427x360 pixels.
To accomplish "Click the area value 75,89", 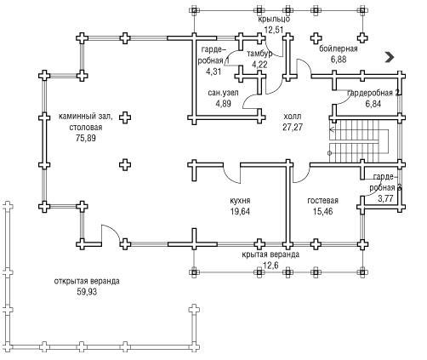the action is click(x=86, y=138).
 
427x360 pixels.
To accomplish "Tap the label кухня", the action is click(x=240, y=201).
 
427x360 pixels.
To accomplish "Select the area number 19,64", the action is click(x=240, y=212).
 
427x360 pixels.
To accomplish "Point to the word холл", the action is click(x=293, y=117).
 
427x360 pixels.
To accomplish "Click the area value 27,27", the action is click(x=293, y=128).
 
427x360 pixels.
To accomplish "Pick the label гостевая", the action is click(x=323, y=201).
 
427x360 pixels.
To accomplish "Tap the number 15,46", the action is click(x=323, y=212).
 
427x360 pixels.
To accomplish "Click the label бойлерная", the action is click(x=339, y=49).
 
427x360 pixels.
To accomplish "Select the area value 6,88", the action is click(x=339, y=60).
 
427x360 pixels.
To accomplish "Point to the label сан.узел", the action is click(x=224, y=93).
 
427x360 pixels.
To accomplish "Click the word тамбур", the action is click(x=259, y=54).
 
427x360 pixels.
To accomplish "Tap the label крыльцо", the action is click(x=274, y=20).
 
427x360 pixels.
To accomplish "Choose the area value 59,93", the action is click(x=87, y=292).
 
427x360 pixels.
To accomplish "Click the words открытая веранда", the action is click(x=87, y=282).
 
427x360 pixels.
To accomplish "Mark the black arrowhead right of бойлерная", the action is click(x=390, y=57).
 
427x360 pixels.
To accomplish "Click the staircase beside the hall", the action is click(x=358, y=141).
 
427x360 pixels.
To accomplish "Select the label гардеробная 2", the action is click(x=373, y=93).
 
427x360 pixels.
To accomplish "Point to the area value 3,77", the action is click(x=385, y=198).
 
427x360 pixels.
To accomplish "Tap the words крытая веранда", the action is click(x=270, y=254).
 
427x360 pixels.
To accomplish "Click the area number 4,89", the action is click(x=224, y=104).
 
